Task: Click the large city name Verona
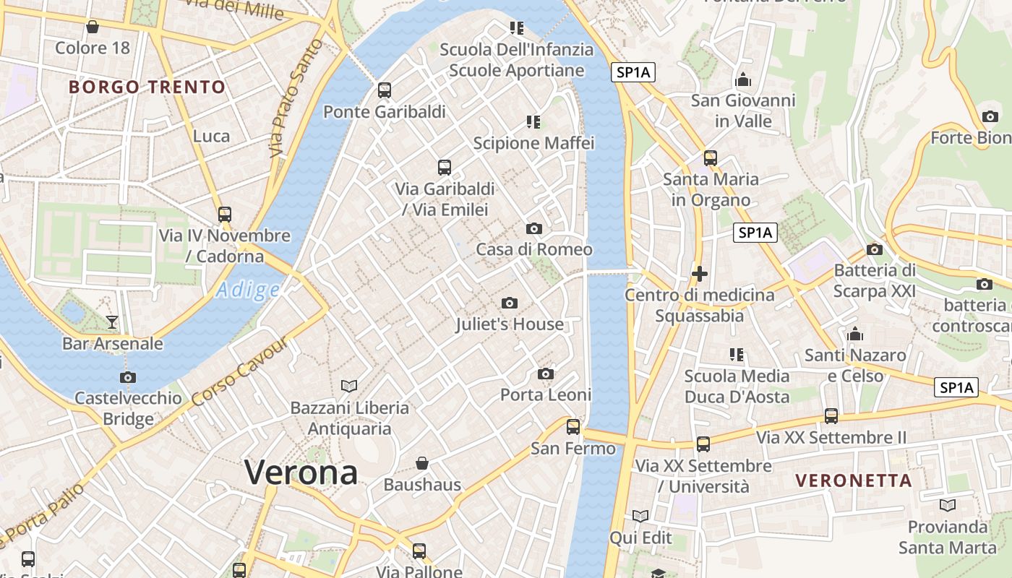point(301,473)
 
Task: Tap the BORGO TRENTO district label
point(147,87)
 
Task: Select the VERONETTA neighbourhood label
point(854,480)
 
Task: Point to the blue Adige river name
point(248,290)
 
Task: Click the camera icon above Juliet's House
point(510,303)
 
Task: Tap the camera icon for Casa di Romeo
point(534,228)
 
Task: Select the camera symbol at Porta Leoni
point(546,374)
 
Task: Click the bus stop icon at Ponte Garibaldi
point(385,90)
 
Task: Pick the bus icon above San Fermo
point(573,426)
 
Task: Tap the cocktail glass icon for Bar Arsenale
point(112,322)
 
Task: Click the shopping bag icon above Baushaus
point(422,462)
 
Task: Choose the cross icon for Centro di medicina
point(699,274)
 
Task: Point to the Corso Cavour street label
point(241,371)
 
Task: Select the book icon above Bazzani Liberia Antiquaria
point(349,386)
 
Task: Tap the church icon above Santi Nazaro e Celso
point(856,334)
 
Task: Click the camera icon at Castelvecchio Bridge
point(128,377)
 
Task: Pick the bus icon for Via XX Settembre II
point(831,416)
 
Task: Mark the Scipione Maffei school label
point(533,142)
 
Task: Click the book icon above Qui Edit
point(640,516)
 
